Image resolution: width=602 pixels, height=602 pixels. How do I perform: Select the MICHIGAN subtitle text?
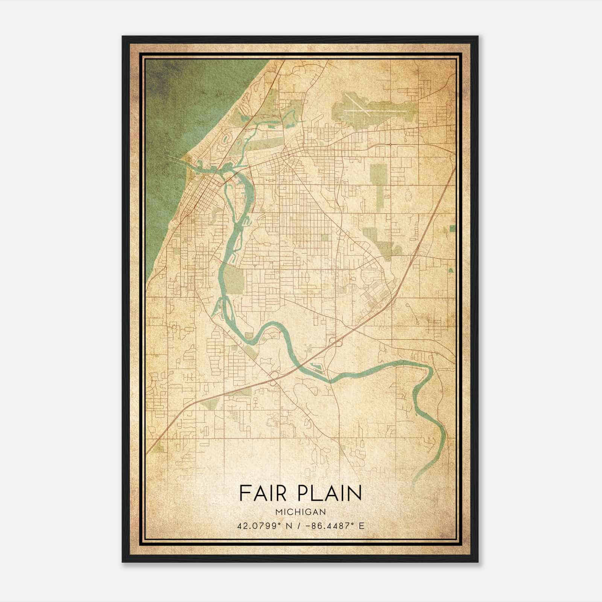pos(300,512)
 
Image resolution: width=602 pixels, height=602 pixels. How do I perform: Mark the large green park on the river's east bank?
pos(234,280)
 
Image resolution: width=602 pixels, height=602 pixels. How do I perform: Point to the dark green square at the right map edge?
pos(452,228)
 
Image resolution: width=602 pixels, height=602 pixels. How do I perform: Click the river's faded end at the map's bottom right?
pos(416,480)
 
